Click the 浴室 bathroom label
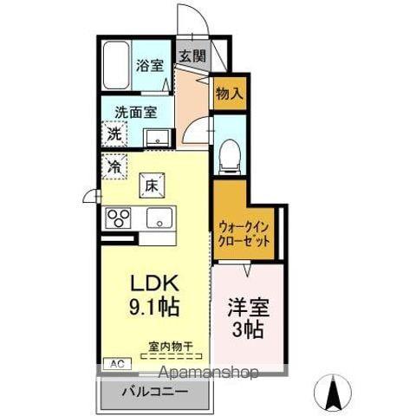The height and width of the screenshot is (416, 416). coord(150,64)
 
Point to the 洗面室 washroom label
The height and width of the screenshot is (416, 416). coord(129,111)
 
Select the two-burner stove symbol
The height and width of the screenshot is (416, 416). coord(119,218)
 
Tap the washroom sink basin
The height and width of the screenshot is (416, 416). coord(157,135)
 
